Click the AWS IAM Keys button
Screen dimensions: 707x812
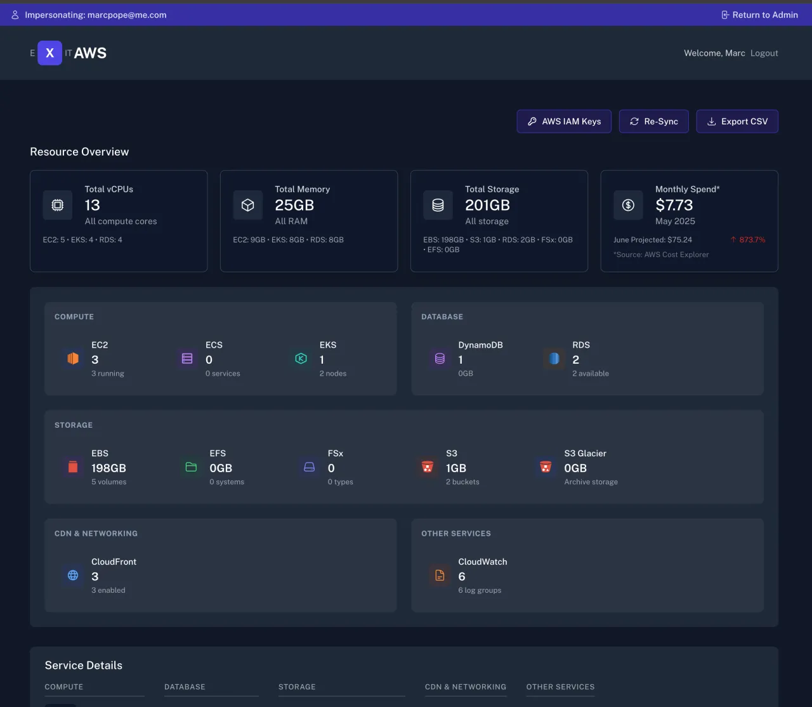pos(565,121)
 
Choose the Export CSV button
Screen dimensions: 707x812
pos(737,121)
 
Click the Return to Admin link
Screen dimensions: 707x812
pos(759,15)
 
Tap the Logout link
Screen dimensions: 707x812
pos(764,53)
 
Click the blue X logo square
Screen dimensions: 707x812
pos(49,53)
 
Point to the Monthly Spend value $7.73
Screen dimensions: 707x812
pos(674,205)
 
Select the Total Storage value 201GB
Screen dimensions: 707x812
pos(487,205)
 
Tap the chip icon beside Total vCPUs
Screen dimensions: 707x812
pos(58,205)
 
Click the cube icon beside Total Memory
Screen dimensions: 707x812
pos(248,205)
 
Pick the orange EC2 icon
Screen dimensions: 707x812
pos(73,359)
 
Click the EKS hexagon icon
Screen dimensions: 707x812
pos(301,359)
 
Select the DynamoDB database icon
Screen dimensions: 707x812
pos(440,359)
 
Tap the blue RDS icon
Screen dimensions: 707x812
pos(554,359)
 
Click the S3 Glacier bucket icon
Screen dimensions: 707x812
pos(546,467)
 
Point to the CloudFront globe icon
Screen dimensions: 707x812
pos(73,576)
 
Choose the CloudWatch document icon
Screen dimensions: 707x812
pos(440,576)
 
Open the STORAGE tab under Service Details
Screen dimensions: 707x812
pos(297,687)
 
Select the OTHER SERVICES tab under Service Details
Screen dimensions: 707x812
pos(560,687)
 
